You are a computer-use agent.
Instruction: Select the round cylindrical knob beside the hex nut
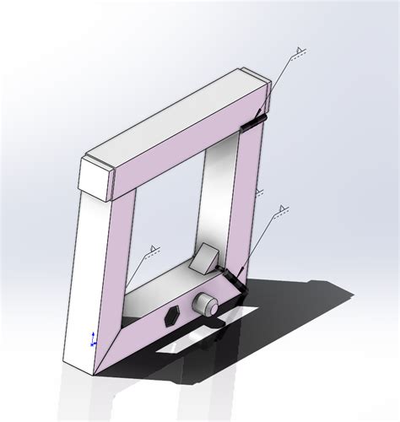205,306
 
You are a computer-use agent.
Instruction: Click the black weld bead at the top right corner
252,124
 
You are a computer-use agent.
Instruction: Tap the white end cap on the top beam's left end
95,180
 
